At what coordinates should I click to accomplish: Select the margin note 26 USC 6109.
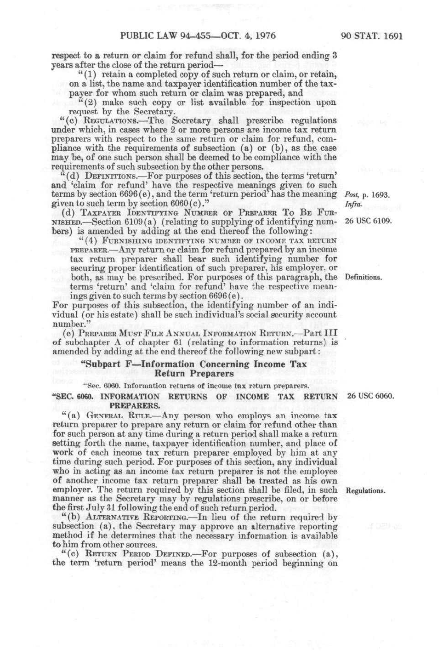[x=368, y=221]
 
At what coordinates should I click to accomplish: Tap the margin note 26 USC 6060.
[x=370, y=396]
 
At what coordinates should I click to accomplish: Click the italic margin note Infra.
[x=353, y=204]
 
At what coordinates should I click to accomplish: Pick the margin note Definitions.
[x=363, y=277]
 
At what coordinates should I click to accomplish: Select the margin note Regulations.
[x=365, y=490]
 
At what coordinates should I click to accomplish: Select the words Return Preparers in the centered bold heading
[x=194, y=373]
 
